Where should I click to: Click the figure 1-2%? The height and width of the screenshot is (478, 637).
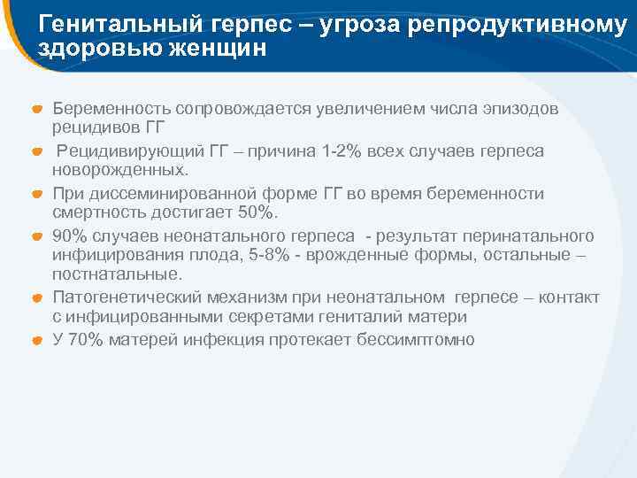pyautogui.click(x=317, y=151)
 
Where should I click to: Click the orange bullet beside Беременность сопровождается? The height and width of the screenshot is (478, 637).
pyautogui.click(x=38, y=110)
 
